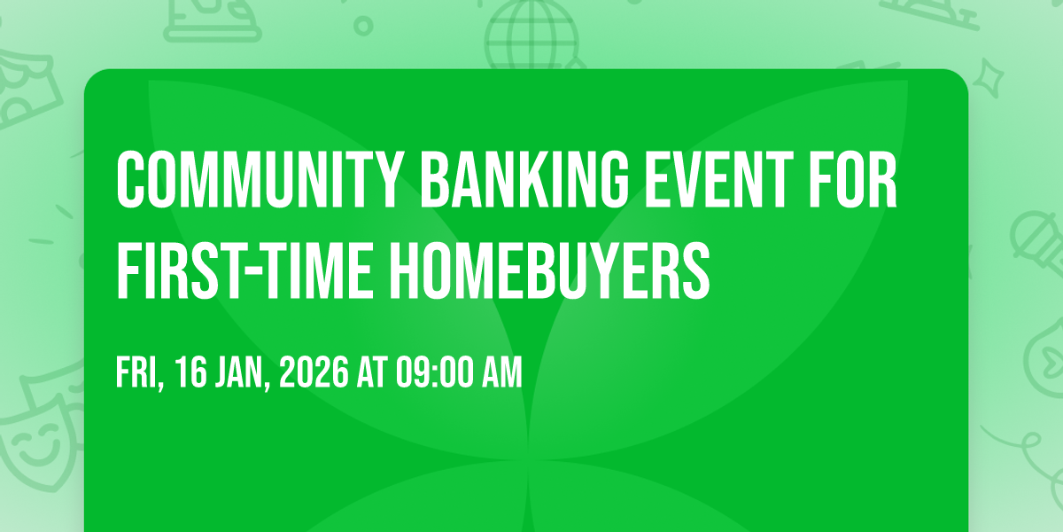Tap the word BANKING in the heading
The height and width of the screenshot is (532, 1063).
coord(524,179)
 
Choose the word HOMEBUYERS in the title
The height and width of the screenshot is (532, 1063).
coord(550,270)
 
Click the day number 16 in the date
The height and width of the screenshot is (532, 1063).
coord(191,372)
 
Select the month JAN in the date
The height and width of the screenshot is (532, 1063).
coord(242,373)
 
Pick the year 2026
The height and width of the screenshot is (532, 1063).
coord(314,372)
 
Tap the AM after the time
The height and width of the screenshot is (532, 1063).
coord(502,372)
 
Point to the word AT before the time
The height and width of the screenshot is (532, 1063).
coord(373,372)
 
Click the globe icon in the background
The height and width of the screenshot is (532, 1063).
coord(531,34)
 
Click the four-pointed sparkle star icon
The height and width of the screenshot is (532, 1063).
coord(989,78)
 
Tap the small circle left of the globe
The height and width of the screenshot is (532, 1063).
coord(363,26)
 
